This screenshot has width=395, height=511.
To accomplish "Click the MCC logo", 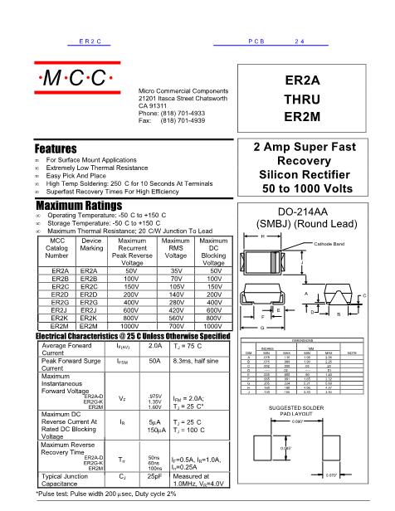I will point(75,80).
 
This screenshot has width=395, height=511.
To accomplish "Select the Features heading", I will point(56,148).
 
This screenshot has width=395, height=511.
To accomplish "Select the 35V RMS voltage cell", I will point(175,271).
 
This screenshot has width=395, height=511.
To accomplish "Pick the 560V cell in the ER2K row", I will point(175,317).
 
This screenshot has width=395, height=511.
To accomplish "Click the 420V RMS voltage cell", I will point(175,309).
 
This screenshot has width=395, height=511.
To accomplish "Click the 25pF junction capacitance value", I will point(154,478).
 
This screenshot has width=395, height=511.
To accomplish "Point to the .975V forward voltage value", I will point(154,397).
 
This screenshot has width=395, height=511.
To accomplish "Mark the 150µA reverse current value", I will point(154,432).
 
